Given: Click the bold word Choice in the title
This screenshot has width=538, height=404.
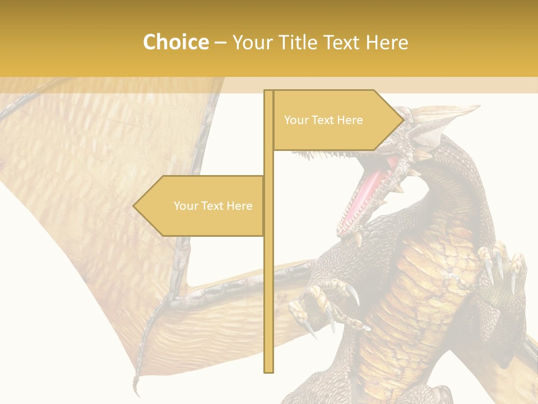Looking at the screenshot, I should [x=175, y=42].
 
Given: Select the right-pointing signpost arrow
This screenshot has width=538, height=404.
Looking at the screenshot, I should [x=336, y=120].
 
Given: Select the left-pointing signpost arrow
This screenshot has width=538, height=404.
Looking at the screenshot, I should [x=199, y=206].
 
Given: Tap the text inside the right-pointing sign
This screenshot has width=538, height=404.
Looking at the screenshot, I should [x=323, y=120].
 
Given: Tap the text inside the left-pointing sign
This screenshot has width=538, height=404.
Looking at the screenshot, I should [x=213, y=206].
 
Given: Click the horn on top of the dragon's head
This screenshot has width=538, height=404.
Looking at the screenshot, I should [x=448, y=112].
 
